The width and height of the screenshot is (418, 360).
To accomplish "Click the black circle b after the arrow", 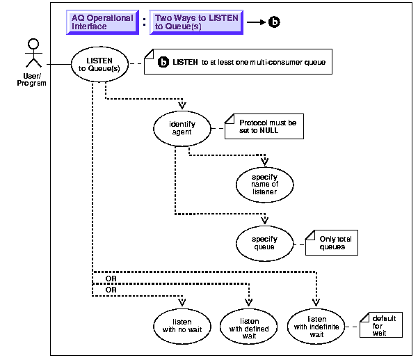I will click(x=274, y=22).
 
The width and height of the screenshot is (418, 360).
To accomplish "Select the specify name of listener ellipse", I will click(x=264, y=182).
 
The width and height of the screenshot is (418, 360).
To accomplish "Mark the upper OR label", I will click(x=110, y=279).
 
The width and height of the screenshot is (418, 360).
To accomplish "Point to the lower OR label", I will click(x=110, y=288).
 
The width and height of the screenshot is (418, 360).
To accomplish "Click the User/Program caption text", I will click(x=31, y=80).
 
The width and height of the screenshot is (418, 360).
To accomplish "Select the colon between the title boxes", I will click(x=144, y=22).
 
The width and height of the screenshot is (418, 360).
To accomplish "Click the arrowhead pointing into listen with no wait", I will click(x=182, y=303).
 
